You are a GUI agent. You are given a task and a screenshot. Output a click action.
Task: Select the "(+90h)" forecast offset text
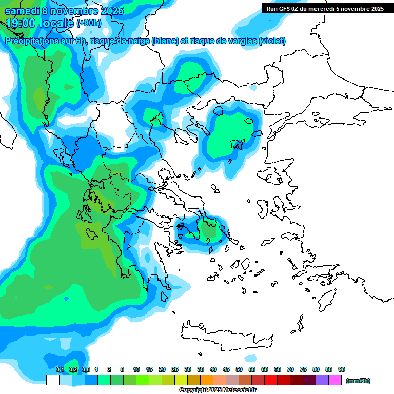(89, 23)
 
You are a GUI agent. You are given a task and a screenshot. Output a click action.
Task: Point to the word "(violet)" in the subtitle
(272, 41)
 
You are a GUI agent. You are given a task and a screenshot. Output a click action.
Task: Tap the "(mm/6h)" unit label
(358, 381)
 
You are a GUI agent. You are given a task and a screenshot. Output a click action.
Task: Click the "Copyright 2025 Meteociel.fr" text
(218, 390)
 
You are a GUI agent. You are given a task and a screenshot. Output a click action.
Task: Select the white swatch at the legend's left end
(52, 380)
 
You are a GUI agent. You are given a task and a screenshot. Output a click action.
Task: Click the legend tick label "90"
(342, 369)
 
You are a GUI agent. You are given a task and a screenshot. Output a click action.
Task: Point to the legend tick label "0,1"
(60, 369)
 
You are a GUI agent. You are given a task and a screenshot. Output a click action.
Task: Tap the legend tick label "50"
(239, 369)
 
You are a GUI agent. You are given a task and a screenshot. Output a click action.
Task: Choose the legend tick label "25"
(175, 369)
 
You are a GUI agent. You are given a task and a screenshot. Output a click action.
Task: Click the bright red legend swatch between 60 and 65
(271, 380)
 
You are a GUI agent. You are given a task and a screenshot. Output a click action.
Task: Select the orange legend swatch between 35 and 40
(207, 380)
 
